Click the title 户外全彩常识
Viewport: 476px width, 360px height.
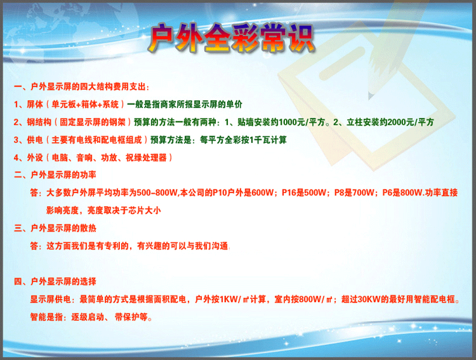point(232,37)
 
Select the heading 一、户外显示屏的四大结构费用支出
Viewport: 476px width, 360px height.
point(81,87)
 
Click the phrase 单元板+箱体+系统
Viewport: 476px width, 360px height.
point(85,104)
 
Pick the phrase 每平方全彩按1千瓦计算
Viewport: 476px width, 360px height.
point(243,140)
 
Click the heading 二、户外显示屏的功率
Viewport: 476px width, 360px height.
point(55,175)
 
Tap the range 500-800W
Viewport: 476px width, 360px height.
point(157,192)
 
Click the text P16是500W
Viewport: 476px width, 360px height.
point(304,192)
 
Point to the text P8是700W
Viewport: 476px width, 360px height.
point(354,192)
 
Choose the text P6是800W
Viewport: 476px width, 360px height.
point(402,192)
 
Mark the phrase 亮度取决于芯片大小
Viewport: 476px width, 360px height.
point(124,210)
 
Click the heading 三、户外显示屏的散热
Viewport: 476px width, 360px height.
point(55,228)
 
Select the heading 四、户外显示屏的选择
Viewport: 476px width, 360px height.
point(55,282)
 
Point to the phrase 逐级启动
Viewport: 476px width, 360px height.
point(88,317)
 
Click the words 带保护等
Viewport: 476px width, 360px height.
point(131,317)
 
